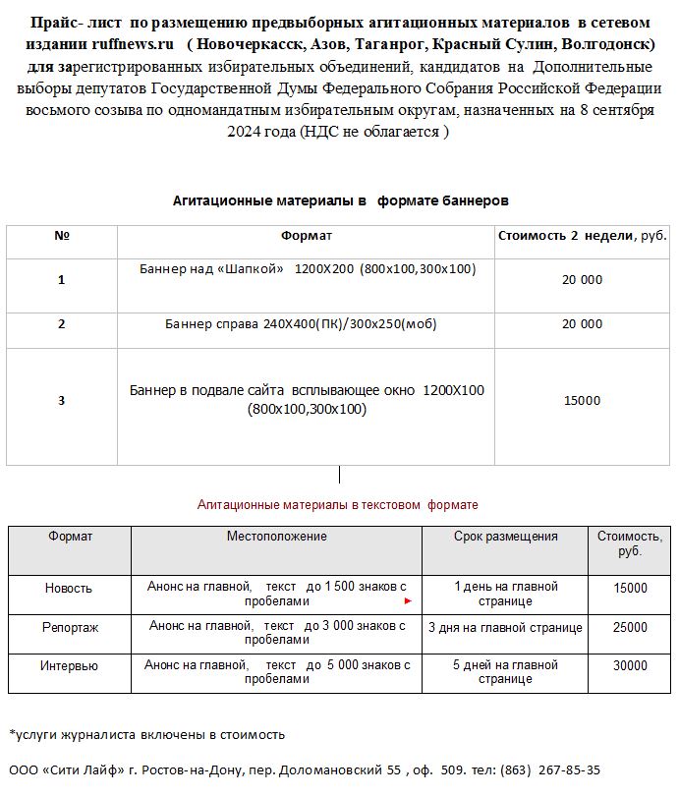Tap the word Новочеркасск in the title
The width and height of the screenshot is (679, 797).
[x=252, y=45]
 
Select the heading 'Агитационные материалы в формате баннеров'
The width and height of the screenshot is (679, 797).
[x=340, y=199]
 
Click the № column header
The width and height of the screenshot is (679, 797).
[x=62, y=236]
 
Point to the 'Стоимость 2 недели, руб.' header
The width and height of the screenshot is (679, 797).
[x=583, y=236]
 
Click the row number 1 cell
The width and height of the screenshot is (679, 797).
[x=62, y=280]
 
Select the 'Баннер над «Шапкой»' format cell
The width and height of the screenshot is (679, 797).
[x=307, y=268]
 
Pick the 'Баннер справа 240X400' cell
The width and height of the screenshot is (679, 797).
[x=301, y=323]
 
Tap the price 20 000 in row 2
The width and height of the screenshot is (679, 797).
[x=583, y=323]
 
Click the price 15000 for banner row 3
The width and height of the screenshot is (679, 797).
[x=583, y=400]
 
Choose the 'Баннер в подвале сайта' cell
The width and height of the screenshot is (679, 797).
[x=307, y=399]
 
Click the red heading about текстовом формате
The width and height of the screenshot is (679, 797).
[x=337, y=504]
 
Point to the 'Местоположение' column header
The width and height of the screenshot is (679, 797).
[x=276, y=537]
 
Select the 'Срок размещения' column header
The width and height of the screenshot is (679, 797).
[x=505, y=537]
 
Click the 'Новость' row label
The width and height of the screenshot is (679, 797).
[x=69, y=588]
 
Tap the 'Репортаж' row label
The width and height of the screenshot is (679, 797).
[x=70, y=627]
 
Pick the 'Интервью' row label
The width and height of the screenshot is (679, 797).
[x=69, y=666]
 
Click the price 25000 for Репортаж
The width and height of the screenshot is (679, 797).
[x=630, y=627]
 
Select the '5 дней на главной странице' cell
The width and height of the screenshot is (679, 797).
[x=505, y=672]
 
